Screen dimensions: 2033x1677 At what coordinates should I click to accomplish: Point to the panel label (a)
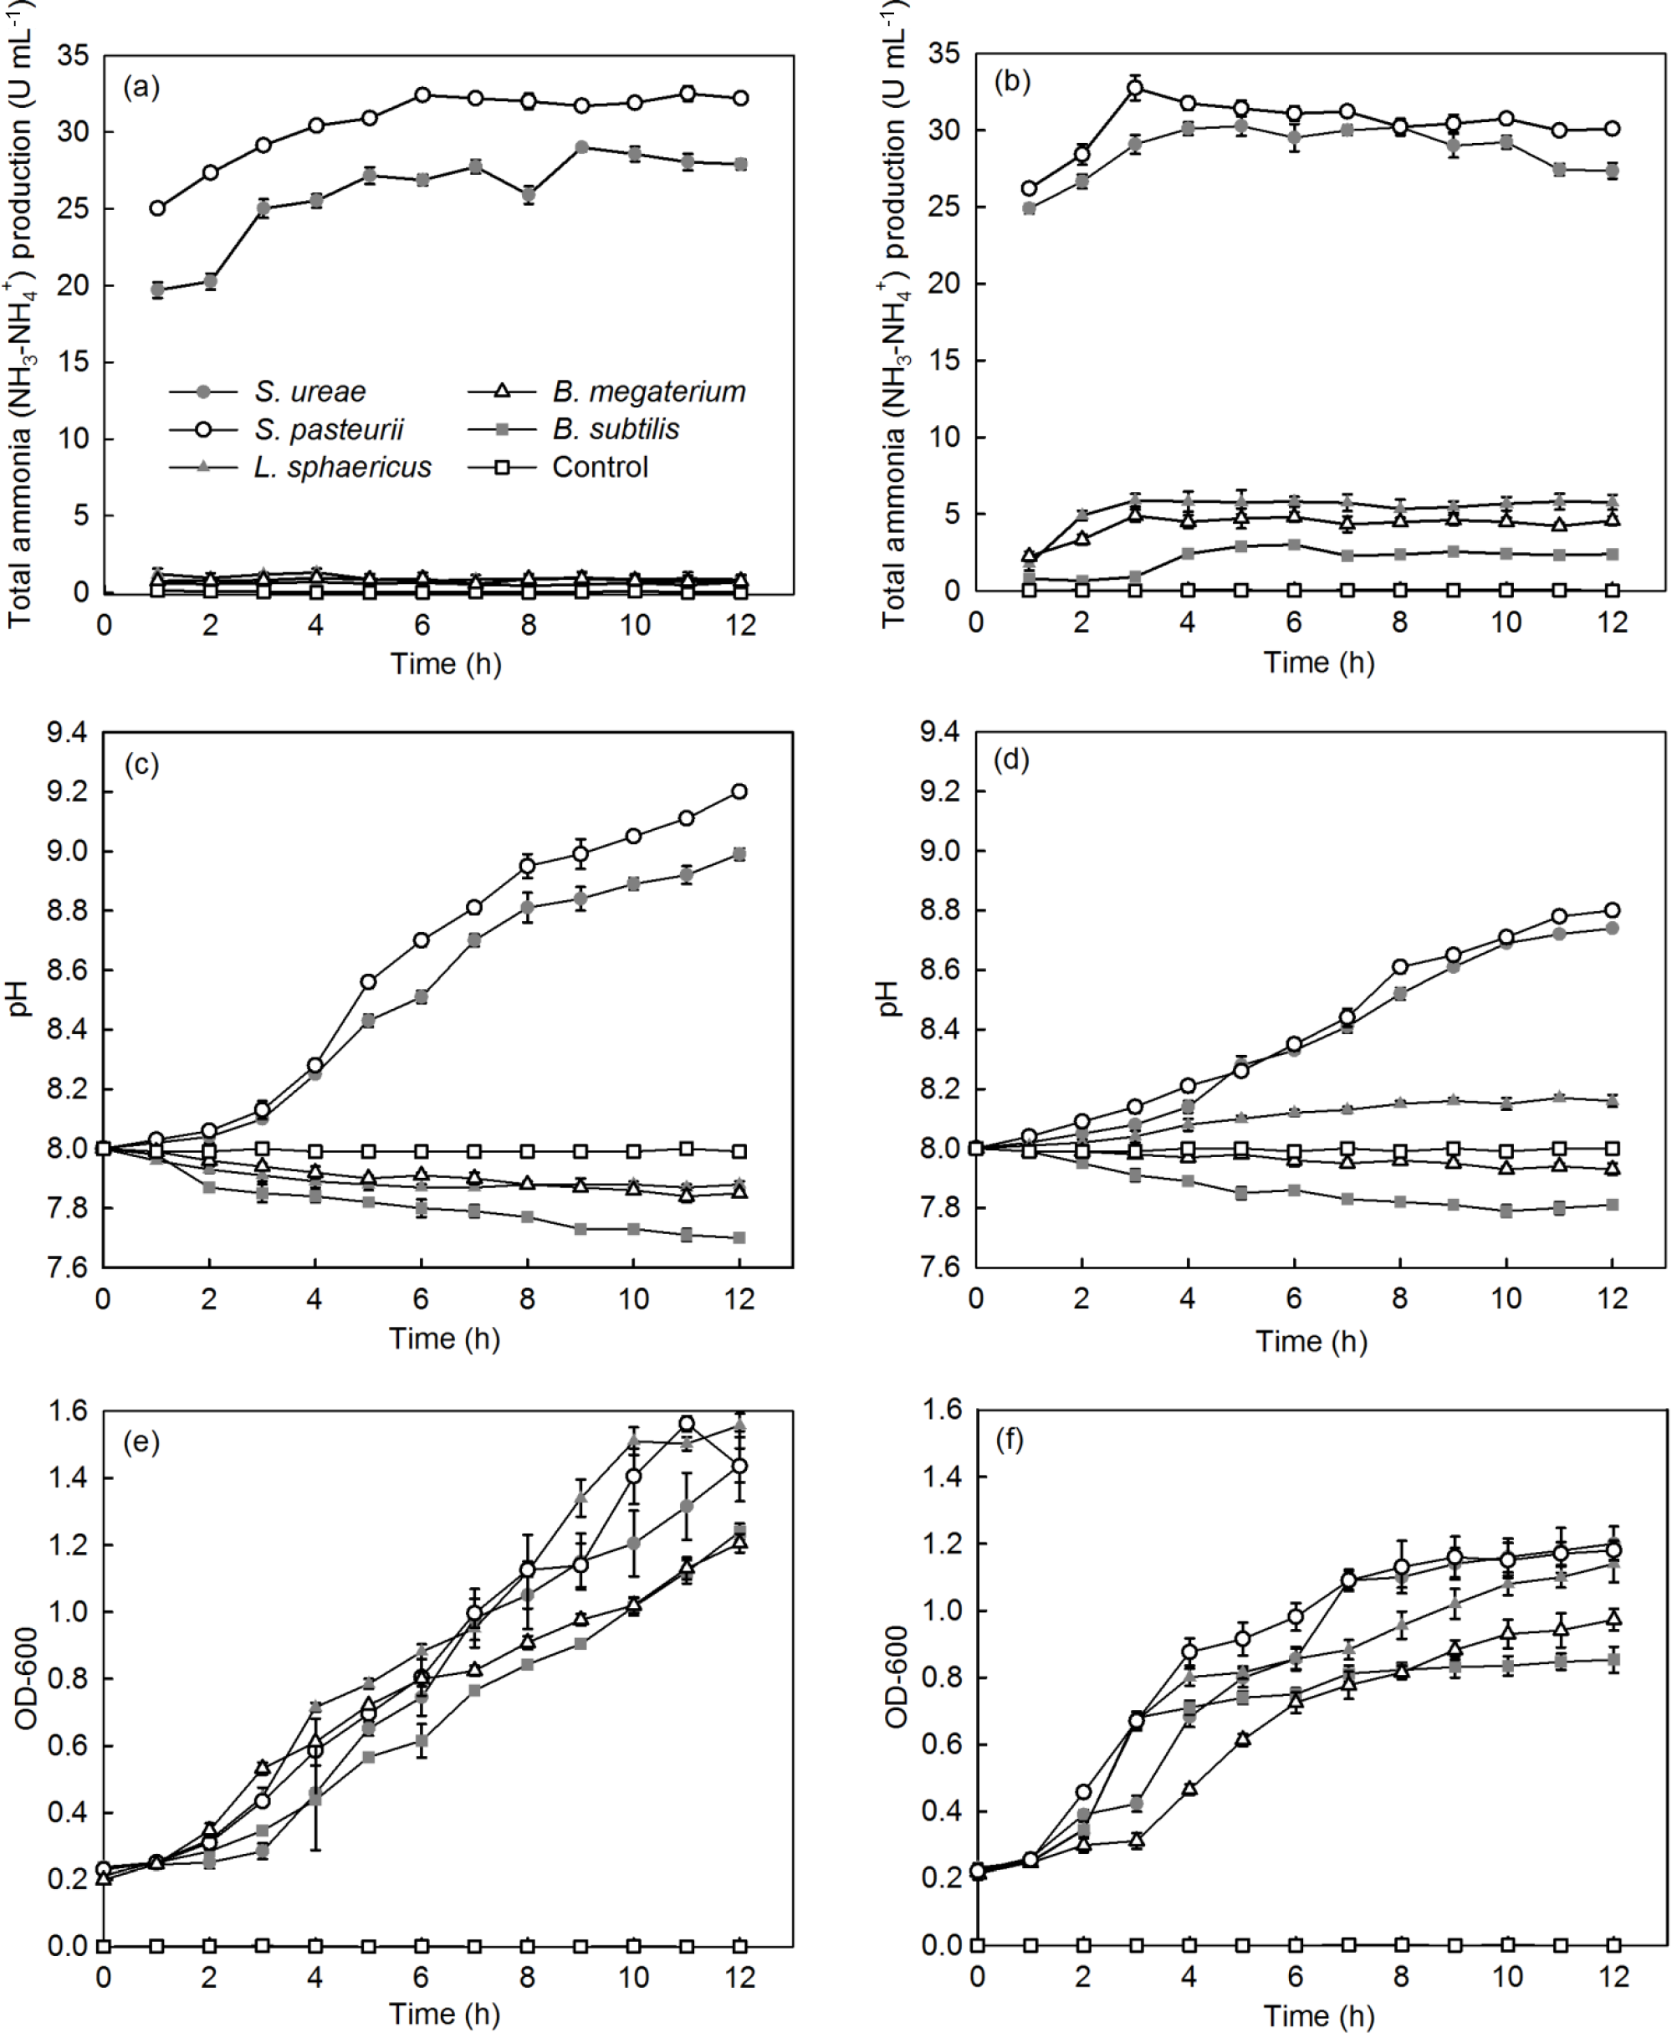(141, 88)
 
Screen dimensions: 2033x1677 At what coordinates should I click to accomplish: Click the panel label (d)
(1011, 760)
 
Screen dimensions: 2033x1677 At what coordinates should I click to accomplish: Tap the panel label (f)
(1010, 1441)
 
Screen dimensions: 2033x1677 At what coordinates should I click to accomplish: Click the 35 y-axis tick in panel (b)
(943, 54)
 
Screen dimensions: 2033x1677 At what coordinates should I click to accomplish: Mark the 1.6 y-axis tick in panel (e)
(67, 1411)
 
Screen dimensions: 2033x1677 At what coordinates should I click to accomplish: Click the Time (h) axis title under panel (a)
(445, 663)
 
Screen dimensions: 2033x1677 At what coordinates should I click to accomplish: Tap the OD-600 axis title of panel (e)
(27, 1677)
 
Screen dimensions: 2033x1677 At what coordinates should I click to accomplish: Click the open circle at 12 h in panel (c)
(740, 792)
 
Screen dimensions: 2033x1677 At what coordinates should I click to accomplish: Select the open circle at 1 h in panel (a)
(157, 208)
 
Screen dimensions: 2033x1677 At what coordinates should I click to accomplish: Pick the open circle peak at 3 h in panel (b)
(1135, 89)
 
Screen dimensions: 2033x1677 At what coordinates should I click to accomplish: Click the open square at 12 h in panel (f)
(1613, 1945)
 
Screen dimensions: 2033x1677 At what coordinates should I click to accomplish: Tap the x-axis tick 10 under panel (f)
(1506, 1977)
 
